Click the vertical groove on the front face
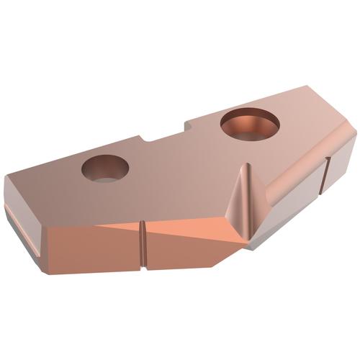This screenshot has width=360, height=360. point(143,245)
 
